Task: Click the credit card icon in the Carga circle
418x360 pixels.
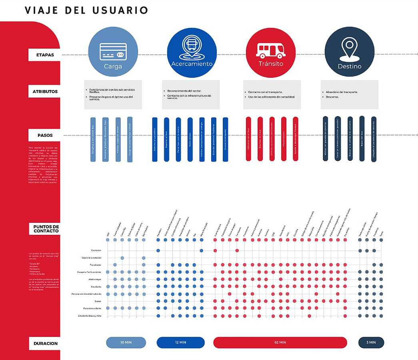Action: click(x=113, y=52)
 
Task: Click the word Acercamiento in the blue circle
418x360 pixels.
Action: click(x=192, y=64)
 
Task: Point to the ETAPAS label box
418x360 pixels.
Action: click(x=44, y=55)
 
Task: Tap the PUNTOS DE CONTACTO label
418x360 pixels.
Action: click(x=46, y=229)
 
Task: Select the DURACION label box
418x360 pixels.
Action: click(x=46, y=343)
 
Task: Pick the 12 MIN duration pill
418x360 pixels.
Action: click(x=180, y=342)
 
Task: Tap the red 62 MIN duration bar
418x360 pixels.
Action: click(x=280, y=342)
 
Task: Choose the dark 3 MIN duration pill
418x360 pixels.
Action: click(x=371, y=342)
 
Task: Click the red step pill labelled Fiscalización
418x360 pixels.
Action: click(x=284, y=139)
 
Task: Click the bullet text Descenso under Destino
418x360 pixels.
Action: click(x=332, y=96)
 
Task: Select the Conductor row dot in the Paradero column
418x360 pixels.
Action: click(x=158, y=250)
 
